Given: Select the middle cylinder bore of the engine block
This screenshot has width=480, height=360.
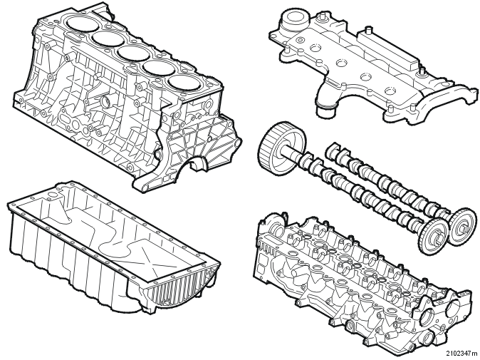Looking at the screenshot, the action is click(132, 53).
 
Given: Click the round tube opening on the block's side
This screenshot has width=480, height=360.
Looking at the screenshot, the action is click(105, 101).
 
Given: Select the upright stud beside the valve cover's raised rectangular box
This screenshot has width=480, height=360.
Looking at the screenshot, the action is click(369, 31).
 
